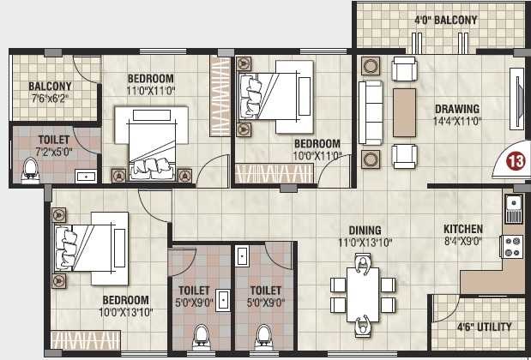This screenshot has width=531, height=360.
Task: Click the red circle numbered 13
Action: [516, 160]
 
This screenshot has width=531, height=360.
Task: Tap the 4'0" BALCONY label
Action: [446, 19]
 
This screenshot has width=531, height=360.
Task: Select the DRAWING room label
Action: [456, 109]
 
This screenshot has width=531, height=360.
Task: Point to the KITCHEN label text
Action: [463, 230]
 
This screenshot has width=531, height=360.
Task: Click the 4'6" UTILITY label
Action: [484, 327]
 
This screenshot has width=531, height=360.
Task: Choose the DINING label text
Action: [365, 230]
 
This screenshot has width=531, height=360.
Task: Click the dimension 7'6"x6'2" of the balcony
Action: [49, 99]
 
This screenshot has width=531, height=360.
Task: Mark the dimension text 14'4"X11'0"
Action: [456, 122]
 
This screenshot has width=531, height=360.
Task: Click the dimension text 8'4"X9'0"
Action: [463, 243]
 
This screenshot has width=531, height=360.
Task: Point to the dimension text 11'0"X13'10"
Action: [365, 243]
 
